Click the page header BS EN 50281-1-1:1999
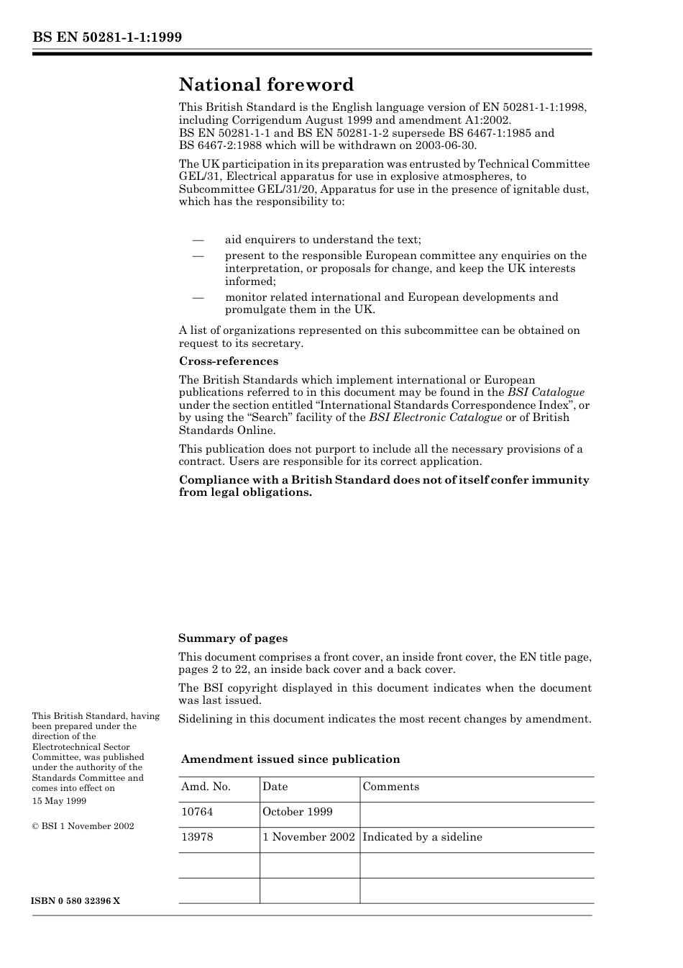point(107,37)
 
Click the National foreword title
point(266,85)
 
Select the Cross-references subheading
point(228,361)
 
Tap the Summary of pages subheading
point(232,638)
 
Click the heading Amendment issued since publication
point(290,759)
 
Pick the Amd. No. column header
point(206,787)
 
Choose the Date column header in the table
point(275,787)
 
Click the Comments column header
point(390,787)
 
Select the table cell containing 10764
point(197,812)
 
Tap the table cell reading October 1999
point(297,812)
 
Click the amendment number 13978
point(197,837)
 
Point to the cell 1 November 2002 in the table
point(308,837)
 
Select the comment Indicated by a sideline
point(422,837)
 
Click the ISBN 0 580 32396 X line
point(76,901)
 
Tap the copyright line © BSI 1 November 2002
point(83,826)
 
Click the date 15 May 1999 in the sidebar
point(59,800)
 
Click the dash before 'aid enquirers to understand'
point(198,240)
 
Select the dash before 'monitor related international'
point(198,297)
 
